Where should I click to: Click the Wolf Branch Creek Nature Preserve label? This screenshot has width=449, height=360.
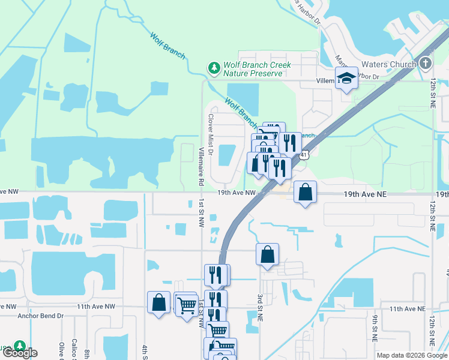click(257, 69)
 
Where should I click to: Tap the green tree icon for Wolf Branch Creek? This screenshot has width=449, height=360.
click(214, 68)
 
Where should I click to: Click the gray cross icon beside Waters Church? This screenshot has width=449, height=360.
click(425, 63)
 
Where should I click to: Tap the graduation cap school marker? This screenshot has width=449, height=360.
click(346, 78)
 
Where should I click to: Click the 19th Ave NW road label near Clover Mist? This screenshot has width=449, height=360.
click(237, 193)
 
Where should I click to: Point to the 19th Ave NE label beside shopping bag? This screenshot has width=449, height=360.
click(367, 194)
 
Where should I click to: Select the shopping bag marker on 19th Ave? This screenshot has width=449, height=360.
click(306, 193)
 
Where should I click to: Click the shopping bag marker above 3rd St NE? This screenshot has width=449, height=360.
click(267, 254)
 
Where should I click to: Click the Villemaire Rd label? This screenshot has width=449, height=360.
click(200, 167)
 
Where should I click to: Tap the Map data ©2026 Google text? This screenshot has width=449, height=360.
click(412, 355)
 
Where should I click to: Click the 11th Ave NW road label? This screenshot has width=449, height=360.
click(95, 306)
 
